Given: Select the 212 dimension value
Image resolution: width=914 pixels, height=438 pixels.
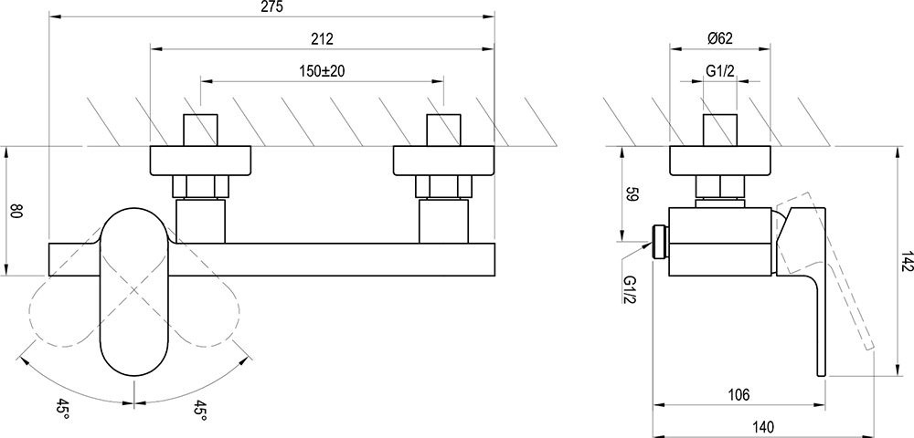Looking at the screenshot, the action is pos(322,39).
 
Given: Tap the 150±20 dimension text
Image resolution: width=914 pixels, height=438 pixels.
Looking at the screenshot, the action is pos(323,71).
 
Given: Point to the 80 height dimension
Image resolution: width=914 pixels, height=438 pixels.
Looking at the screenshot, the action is pos(16,211).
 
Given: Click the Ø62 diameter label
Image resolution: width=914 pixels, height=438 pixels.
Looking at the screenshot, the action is pos(720,39).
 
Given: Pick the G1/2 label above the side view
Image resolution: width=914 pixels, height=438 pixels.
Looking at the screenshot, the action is pos(720,71).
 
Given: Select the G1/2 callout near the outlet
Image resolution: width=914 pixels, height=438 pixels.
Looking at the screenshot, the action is pos(630,289).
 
